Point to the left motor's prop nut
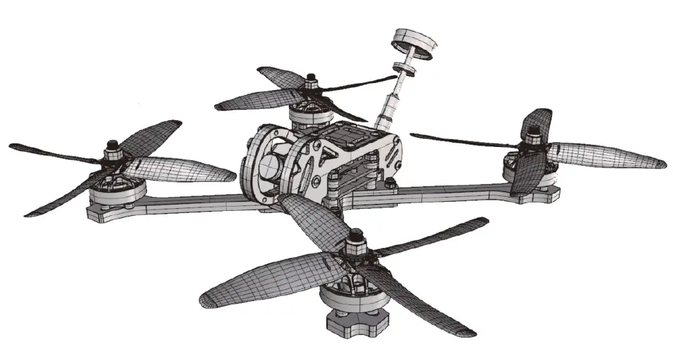coord(112,149)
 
